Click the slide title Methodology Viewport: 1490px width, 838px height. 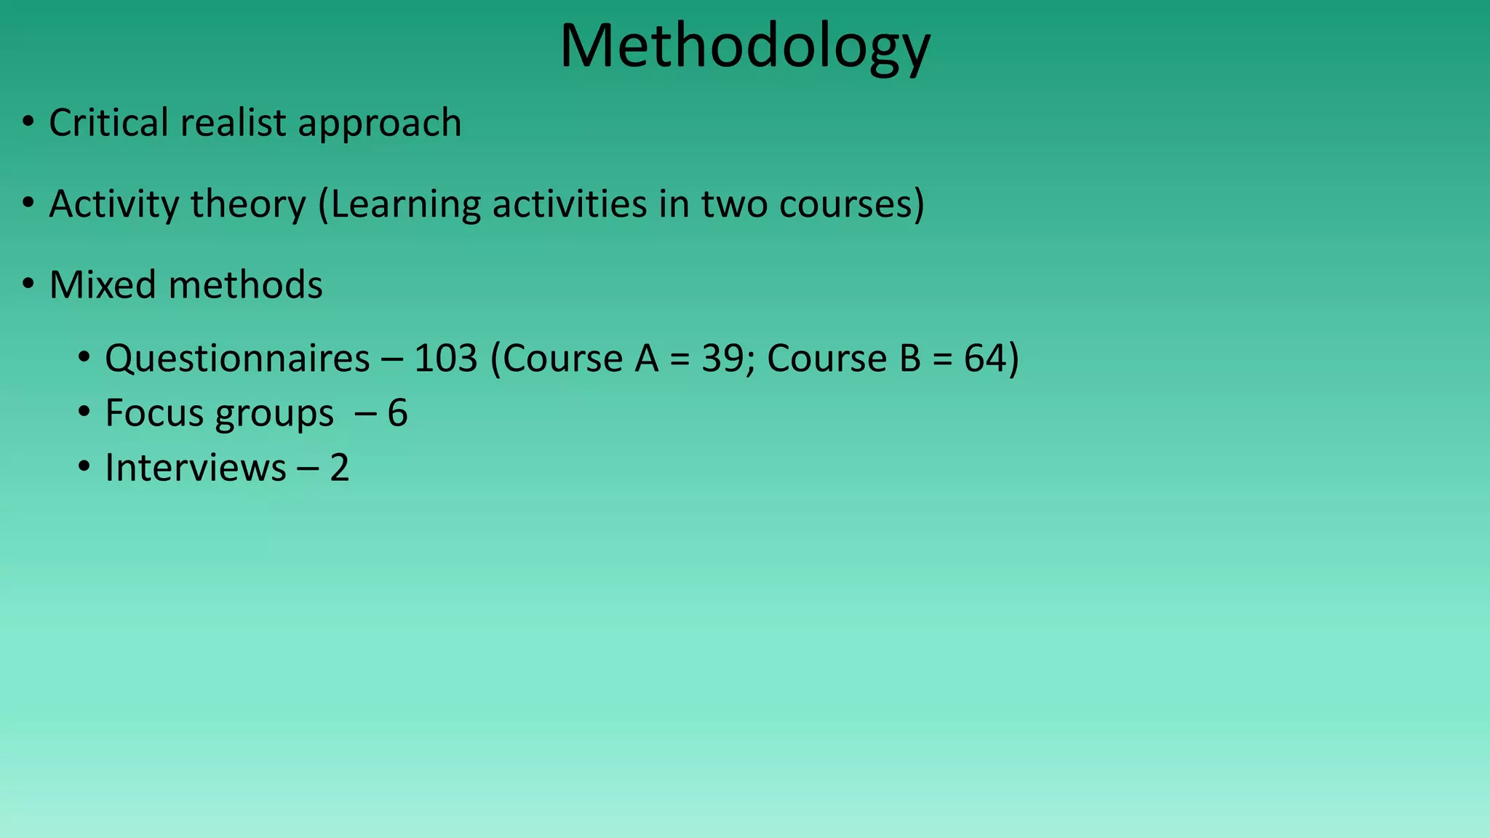tap(744, 47)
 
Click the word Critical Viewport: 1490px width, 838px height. tap(108, 122)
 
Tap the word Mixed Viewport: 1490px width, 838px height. tap(103, 284)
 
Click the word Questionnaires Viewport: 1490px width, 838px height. tap(237, 359)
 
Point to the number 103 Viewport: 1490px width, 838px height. tap(445, 359)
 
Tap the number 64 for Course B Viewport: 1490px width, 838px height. tap(986, 359)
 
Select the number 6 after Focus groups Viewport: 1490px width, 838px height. tap(397, 413)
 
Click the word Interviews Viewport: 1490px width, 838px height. tap(195, 468)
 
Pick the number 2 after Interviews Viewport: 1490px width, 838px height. tap(339, 468)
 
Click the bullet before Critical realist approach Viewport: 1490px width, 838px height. tap(28, 122)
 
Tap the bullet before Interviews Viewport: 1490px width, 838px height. tap(84, 467)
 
